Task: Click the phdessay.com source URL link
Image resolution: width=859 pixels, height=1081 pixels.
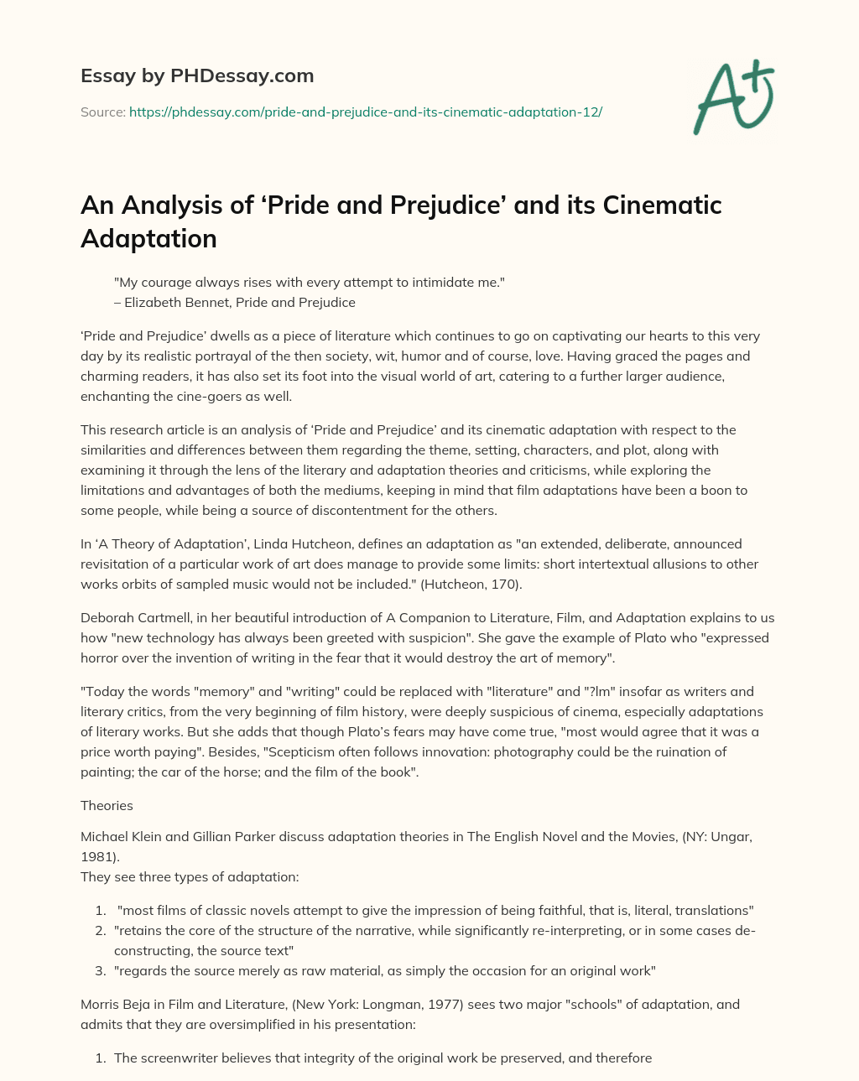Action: click(365, 112)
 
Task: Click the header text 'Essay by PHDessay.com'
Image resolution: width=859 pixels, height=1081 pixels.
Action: click(197, 76)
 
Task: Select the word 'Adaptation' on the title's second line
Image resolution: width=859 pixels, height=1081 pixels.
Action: click(148, 239)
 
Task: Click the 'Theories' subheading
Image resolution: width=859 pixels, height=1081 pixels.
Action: click(107, 806)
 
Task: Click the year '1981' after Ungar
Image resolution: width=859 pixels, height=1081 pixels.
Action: click(98, 857)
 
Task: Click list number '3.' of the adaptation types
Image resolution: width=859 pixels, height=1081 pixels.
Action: click(99, 971)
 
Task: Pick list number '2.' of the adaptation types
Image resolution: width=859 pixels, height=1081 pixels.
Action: click(99, 931)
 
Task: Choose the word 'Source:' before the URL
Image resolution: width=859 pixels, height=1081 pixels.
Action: click(102, 112)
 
